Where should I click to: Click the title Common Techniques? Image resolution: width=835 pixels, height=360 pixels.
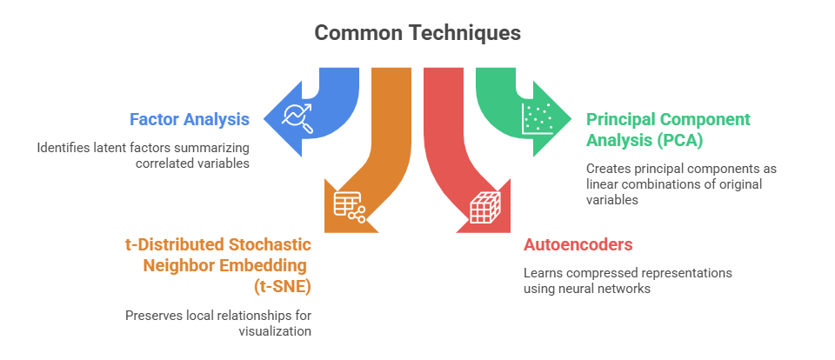click(417, 33)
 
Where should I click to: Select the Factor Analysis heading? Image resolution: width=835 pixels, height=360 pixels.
click(190, 119)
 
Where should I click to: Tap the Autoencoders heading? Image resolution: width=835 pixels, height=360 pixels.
click(578, 245)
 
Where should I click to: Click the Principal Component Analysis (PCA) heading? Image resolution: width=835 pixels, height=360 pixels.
click(668, 127)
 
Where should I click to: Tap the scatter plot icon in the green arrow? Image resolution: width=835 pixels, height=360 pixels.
click(536, 119)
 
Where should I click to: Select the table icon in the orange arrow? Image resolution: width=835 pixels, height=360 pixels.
click(349, 207)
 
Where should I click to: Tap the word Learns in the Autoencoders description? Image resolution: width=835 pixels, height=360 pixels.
click(544, 273)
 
